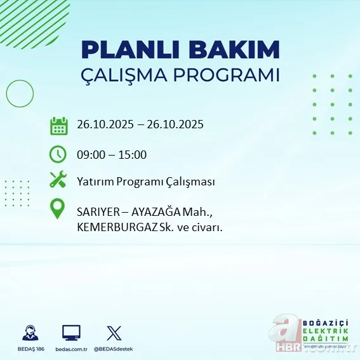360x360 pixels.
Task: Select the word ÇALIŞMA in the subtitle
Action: (x=134, y=75)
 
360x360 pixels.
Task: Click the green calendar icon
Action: (x=58, y=125)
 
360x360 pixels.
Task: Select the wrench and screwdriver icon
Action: (x=58, y=180)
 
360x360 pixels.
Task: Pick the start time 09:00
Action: (x=90, y=154)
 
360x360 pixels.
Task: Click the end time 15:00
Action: (x=133, y=154)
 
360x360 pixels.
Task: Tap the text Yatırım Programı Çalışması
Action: (x=145, y=182)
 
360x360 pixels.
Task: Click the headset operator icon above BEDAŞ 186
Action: (x=29, y=333)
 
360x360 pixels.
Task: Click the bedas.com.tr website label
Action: (x=71, y=349)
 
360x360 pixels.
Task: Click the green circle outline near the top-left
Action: (x=20, y=94)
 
